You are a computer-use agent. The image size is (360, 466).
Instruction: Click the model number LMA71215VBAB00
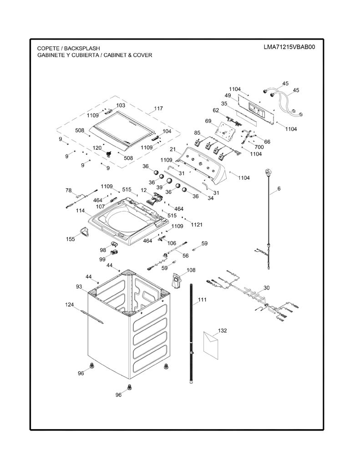[289, 47]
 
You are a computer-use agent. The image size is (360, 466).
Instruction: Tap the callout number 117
[158, 108]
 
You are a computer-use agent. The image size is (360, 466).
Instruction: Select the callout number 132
[223, 330]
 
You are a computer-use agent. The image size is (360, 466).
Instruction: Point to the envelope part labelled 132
[211, 344]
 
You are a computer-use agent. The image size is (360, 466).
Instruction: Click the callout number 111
[202, 299]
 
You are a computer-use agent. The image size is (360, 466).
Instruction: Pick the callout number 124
[70, 304]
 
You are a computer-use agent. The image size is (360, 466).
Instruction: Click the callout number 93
[79, 287]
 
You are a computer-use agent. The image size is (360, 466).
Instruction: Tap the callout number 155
[71, 239]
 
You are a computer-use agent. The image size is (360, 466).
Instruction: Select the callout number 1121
[197, 225]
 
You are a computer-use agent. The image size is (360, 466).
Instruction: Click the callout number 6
[279, 188]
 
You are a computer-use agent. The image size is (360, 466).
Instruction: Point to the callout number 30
[267, 288]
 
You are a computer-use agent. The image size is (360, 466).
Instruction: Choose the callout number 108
[191, 270]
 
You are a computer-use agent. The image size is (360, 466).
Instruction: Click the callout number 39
[159, 187]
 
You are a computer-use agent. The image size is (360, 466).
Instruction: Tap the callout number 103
[121, 105]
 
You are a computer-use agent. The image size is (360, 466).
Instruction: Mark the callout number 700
[259, 147]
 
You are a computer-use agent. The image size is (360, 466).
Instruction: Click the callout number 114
[80, 210]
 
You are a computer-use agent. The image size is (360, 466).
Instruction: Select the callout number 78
[69, 190]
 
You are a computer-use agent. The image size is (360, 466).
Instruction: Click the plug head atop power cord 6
[268, 172]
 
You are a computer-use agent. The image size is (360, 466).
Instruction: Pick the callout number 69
[208, 121]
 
